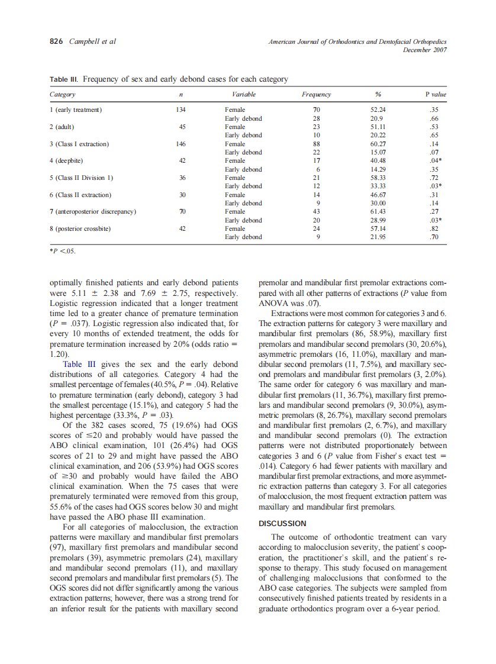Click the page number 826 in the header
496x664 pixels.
click(x=56, y=41)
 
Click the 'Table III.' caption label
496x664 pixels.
click(x=65, y=79)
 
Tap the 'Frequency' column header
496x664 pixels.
click(x=316, y=95)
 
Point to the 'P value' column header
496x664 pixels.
click(x=436, y=95)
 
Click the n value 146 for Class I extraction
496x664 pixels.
click(x=181, y=144)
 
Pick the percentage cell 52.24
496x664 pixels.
click(x=377, y=109)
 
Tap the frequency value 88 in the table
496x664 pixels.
click(x=316, y=144)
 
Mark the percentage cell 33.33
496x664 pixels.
click(x=377, y=186)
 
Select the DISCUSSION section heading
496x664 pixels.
click(x=283, y=523)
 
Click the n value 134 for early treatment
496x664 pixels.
click(x=181, y=109)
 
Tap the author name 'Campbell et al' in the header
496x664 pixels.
click(x=93, y=41)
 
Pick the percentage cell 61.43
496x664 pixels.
click(x=377, y=211)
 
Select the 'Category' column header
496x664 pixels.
click(x=62, y=95)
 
